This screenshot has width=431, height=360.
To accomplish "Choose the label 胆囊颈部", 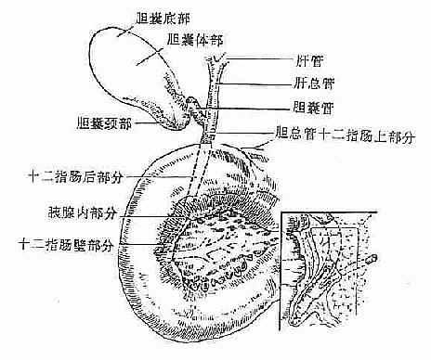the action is [109, 122].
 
